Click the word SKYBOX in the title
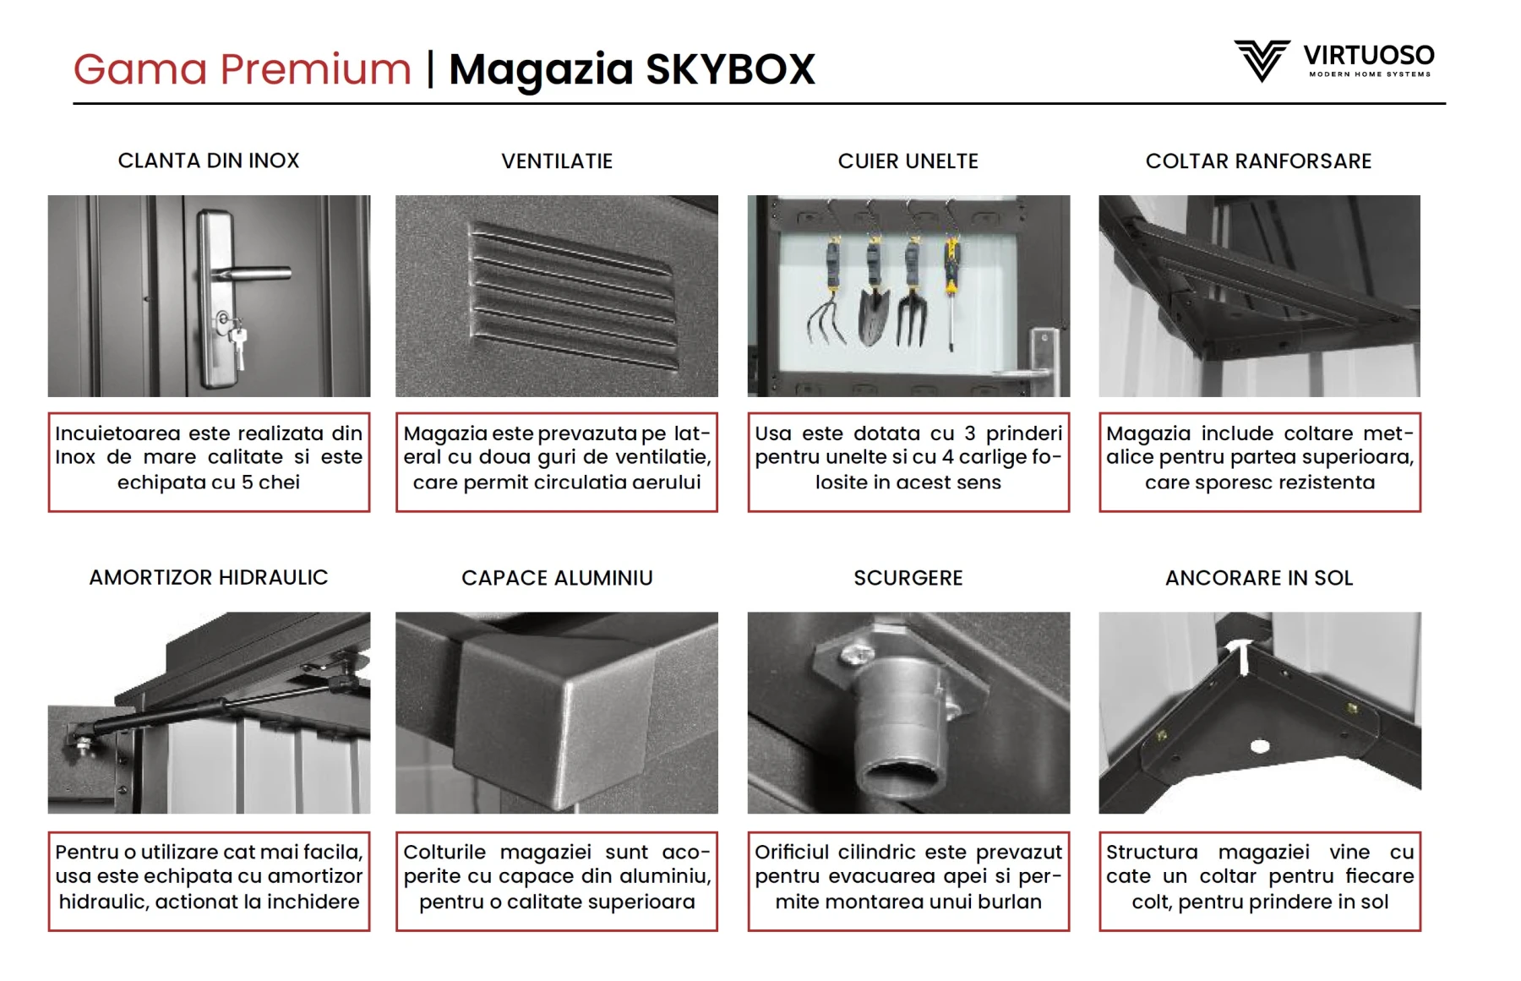click(x=730, y=69)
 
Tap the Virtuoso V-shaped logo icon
click(x=1261, y=60)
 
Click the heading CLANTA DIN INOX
click(x=209, y=161)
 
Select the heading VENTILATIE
click(x=557, y=161)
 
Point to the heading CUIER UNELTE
click(x=908, y=161)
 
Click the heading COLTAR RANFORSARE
click(x=1258, y=161)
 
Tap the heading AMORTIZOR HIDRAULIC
click(x=209, y=578)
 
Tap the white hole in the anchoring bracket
click(x=1259, y=746)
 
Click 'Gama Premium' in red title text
click(x=242, y=69)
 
